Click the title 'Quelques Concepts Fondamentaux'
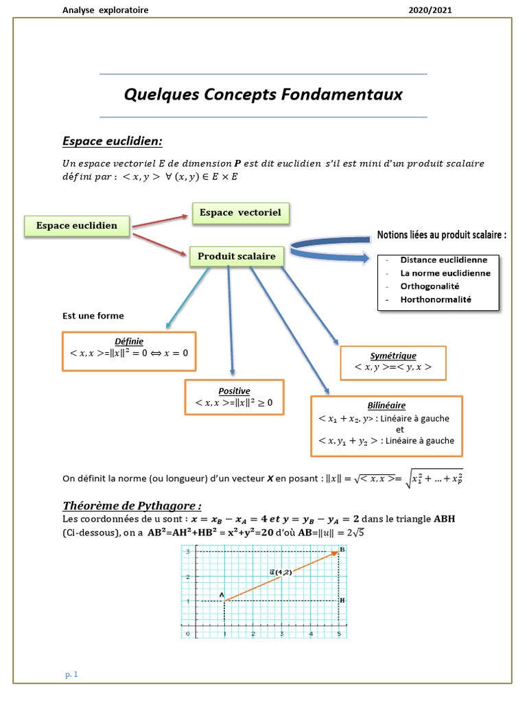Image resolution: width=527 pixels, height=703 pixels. coord(263,95)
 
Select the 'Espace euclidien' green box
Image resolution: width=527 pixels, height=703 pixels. coord(77,225)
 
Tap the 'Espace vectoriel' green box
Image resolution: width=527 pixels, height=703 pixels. coord(240,213)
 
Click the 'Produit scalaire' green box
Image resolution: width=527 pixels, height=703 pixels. coord(237,257)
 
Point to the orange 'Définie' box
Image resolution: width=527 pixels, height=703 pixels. coord(129,351)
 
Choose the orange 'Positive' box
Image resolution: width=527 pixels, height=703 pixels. coord(234,397)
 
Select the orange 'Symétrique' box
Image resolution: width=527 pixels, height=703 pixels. coord(393,362)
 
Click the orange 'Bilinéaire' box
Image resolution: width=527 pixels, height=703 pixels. coord(386,426)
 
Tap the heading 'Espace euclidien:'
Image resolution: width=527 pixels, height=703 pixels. coord(113,141)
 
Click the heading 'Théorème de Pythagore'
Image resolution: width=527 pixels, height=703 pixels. coord(132,506)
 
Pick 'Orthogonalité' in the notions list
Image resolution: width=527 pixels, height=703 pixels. coord(430,286)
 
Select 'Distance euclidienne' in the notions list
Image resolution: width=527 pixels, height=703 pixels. coord(444,260)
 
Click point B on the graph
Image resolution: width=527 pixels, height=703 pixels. coord(341,551)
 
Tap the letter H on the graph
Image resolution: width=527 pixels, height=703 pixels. coord(342,600)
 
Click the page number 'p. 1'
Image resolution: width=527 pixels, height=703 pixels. coord(72,675)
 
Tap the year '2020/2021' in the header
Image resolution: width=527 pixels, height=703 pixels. coord(430,10)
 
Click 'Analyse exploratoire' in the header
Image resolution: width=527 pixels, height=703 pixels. coord(105,10)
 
